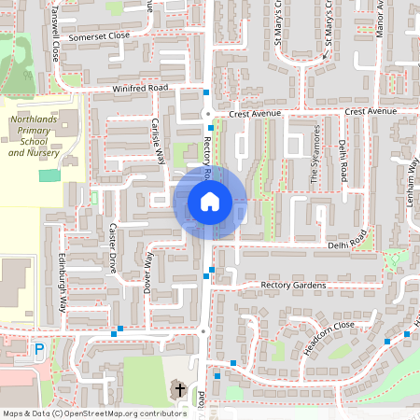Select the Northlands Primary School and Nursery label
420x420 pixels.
(x=35, y=136)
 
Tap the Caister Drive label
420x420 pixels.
(x=112, y=242)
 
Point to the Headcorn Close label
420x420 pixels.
(x=329, y=337)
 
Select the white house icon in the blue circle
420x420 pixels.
(x=210, y=202)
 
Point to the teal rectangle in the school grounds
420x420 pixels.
(x=49, y=175)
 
